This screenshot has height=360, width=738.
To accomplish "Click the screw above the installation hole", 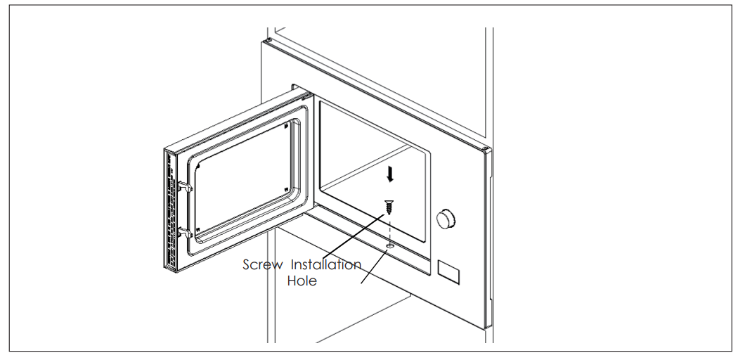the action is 389,207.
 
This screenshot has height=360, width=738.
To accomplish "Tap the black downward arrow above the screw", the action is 389,174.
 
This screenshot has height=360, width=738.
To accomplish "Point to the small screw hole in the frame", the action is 389,245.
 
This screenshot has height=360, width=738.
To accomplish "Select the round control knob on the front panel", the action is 445,219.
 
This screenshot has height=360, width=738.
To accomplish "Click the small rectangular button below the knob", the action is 448,272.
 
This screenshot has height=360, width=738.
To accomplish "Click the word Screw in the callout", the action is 263,264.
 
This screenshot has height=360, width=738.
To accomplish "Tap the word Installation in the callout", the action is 326,264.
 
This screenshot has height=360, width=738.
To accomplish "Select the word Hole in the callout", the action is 302,281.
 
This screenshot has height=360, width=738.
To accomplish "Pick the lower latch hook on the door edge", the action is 185,232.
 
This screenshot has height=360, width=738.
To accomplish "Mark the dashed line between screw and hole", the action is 389,230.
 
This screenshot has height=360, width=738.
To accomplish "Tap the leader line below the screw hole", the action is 374,266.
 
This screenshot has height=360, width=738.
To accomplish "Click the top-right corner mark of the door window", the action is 287,126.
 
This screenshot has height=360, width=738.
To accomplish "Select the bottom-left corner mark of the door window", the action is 198,229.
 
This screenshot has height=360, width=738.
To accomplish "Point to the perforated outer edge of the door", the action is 170,210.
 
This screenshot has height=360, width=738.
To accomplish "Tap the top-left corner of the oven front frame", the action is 264,41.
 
